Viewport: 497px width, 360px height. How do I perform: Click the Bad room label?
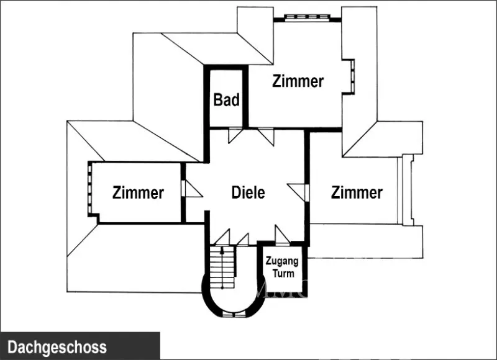pyautogui.click(x=226, y=100)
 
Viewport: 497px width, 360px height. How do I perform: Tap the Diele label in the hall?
pyautogui.click(x=248, y=192)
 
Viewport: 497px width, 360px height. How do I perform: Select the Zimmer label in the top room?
pyautogui.click(x=298, y=81)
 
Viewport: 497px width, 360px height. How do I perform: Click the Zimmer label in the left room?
pyautogui.click(x=138, y=193)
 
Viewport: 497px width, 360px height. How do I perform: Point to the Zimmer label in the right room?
pyautogui.click(x=357, y=192)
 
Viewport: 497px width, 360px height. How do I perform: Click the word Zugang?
pyautogui.click(x=283, y=261)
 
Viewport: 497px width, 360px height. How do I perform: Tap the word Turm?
pyautogui.click(x=283, y=273)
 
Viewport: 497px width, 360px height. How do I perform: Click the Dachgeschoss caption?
pyautogui.click(x=57, y=347)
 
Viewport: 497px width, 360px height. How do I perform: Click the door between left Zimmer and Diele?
pyautogui.click(x=190, y=189)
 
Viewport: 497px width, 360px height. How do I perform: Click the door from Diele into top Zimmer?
pyautogui.click(x=267, y=134)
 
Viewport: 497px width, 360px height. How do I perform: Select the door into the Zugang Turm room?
pyautogui.click(x=281, y=235)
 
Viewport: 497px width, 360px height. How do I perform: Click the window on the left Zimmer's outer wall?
pyautogui.click(x=91, y=189)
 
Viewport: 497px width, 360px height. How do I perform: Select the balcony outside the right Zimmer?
pyautogui.click(x=408, y=189)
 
